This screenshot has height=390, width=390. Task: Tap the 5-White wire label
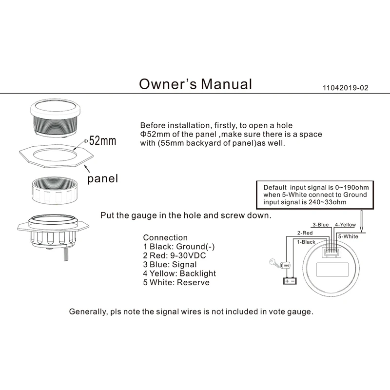click(348, 236)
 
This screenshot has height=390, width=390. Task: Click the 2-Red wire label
click(305, 233)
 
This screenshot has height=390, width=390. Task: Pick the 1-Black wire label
click(306, 242)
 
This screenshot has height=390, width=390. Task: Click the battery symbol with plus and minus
click(290, 281)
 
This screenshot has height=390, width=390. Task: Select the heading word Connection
click(165, 238)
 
